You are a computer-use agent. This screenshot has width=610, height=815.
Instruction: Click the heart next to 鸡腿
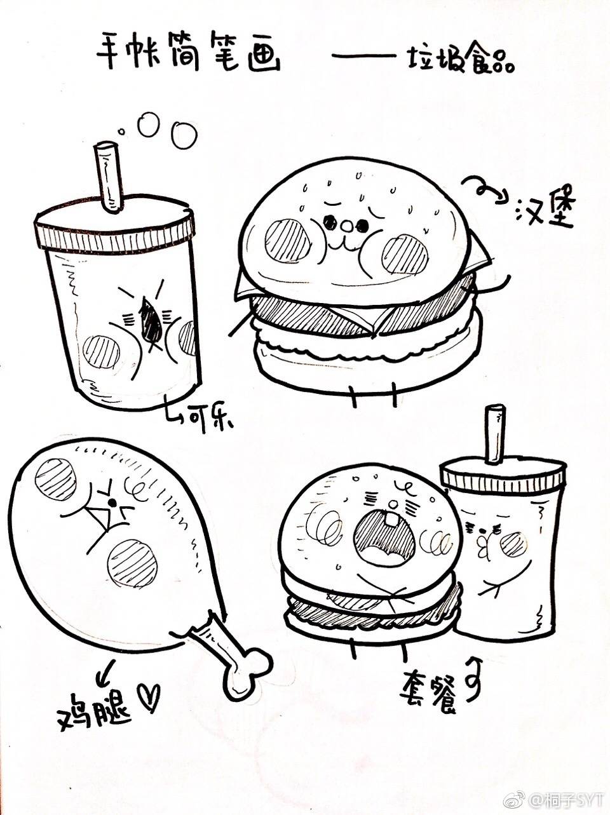151,696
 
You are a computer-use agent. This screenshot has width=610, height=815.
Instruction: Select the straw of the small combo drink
495,434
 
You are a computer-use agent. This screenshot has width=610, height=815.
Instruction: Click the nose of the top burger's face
347,225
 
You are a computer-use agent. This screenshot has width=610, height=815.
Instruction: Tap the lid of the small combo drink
502,474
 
